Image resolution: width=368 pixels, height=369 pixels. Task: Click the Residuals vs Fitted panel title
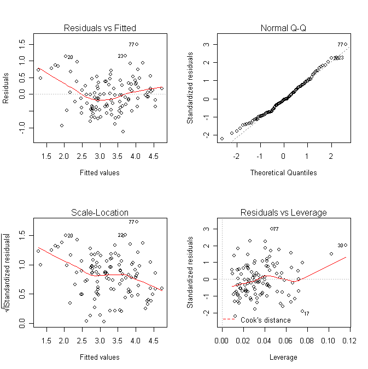pyautogui.click(x=100, y=28)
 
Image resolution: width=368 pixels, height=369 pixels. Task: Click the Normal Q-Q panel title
pyautogui.click(x=283, y=28)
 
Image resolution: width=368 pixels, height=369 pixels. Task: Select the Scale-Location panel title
pyautogui.click(x=100, y=212)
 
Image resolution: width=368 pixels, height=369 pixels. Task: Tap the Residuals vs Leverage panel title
pyautogui.click(x=283, y=212)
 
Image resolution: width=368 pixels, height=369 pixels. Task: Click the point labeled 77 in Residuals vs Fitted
pyautogui.click(x=137, y=44)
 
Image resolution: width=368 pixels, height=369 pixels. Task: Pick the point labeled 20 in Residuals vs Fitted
pyautogui.click(x=66, y=56)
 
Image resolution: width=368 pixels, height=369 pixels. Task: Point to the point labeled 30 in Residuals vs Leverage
pyautogui.click(x=346, y=245)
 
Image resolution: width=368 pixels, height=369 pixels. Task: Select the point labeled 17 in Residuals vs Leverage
pyautogui.click(x=302, y=311)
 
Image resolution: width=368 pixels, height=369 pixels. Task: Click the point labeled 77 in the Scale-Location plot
pyautogui.click(x=137, y=222)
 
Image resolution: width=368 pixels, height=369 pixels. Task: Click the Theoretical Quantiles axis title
pyautogui.click(x=283, y=172)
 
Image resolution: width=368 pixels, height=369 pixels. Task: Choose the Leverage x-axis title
pyautogui.click(x=283, y=358)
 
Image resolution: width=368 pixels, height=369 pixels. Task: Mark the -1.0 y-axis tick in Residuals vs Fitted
pyautogui.click(x=21, y=127)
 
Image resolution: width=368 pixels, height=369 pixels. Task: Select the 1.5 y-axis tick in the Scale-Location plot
pyautogui.click(x=21, y=234)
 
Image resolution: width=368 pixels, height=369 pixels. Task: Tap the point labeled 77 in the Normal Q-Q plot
pyautogui.click(x=346, y=44)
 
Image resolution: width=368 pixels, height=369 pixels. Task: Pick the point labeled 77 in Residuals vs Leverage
pyautogui.click(x=271, y=229)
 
